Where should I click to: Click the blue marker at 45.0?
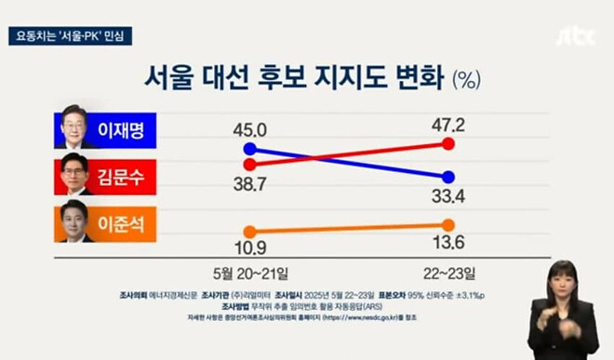[x=248, y=149]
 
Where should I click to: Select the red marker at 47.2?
[x=448, y=144]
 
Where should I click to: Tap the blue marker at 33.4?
[x=448, y=177]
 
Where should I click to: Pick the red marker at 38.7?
[x=248, y=164]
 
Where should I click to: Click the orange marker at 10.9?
[x=248, y=232]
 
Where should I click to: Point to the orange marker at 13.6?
[x=448, y=224]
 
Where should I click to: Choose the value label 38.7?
[x=248, y=185]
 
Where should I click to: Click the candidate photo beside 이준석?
[x=74, y=221]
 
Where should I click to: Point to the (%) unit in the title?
[x=465, y=79]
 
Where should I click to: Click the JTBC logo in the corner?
[x=573, y=36]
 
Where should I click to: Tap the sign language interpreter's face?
[x=562, y=280]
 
